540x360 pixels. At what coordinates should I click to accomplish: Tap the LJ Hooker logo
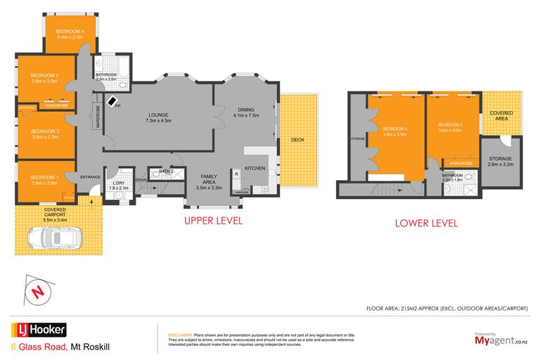[x=38, y=329]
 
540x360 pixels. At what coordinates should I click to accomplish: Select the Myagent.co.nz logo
[x=499, y=341]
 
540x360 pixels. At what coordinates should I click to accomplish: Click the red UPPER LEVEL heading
[x=213, y=221]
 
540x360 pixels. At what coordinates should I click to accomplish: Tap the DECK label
[x=297, y=140]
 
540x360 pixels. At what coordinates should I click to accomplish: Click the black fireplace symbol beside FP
[x=111, y=101]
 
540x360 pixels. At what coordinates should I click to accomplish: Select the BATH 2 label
[x=166, y=171]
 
